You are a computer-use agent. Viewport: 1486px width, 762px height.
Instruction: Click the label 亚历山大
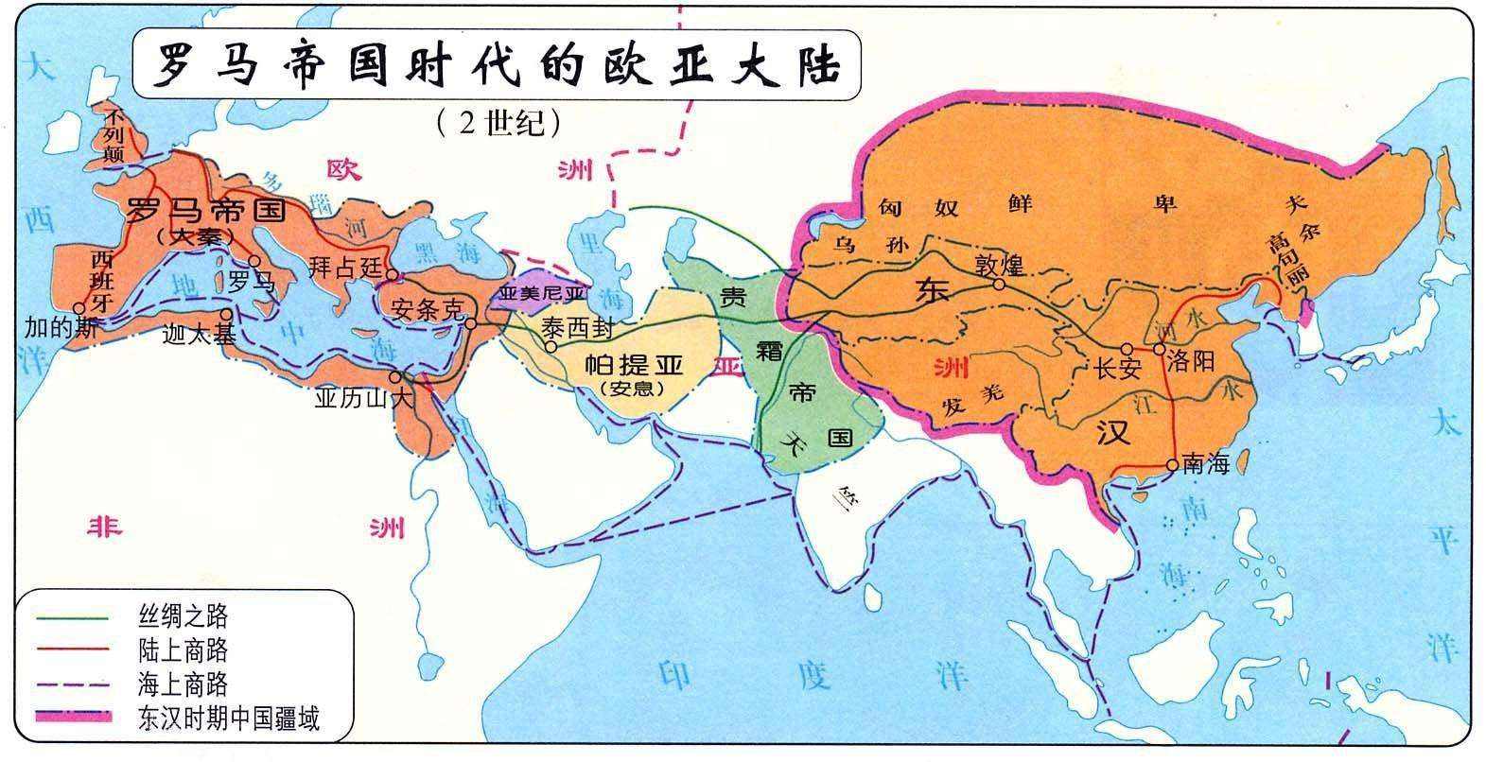(x=364, y=399)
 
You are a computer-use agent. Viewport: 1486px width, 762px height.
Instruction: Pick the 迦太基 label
(x=199, y=333)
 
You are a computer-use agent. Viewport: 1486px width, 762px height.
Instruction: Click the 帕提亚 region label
(x=632, y=363)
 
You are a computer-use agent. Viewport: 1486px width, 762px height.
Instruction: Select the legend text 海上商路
(x=183, y=684)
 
